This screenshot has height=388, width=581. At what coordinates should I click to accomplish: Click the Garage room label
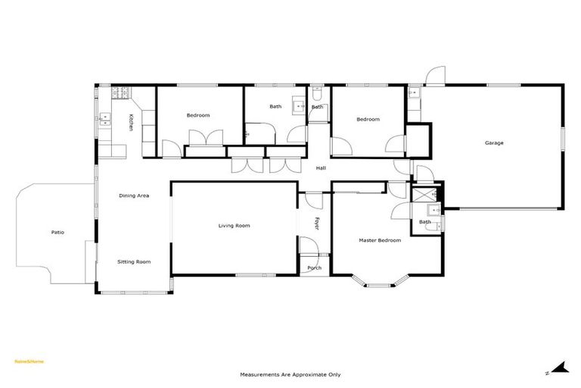click(494, 142)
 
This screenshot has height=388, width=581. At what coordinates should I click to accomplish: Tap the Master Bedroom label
click(379, 240)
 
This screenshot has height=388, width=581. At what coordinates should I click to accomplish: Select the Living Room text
click(234, 226)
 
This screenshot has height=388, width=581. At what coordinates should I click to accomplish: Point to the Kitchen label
click(130, 123)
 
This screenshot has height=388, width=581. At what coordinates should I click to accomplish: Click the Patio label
click(57, 232)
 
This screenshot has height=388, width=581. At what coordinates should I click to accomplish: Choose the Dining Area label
click(134, 196)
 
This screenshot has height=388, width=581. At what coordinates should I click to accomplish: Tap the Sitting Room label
click(134, 261)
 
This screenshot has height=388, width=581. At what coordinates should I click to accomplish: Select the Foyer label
click(318, 224)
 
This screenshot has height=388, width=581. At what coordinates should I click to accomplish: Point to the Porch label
click(314, 268)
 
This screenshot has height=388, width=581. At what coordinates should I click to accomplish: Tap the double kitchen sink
click(104, 119)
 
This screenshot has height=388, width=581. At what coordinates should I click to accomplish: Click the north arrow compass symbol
click(558, 368)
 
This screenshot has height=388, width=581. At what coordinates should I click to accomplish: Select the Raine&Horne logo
click(30, 361)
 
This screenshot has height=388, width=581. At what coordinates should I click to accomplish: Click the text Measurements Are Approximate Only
click(290, 374)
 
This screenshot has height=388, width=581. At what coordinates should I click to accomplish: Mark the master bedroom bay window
click(379, 283)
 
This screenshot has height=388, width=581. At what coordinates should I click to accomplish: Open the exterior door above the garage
click(434, 76)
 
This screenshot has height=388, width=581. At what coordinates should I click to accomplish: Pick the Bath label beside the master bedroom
click(425, 221)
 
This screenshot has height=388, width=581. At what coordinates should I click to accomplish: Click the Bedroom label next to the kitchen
click(198, 115)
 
